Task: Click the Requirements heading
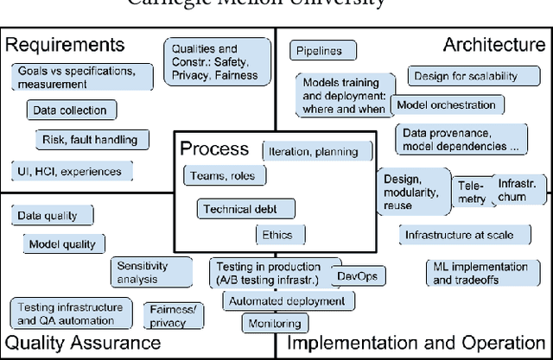click(x=66, y=45)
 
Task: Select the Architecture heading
click(x=493, y=45)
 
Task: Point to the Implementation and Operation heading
click(x=416, y=343)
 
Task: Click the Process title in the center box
click(x=213, y=148)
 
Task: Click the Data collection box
click(x=70, y=111)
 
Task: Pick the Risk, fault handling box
click(x=90, y=140)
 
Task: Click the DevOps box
click(x=359, y=276)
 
